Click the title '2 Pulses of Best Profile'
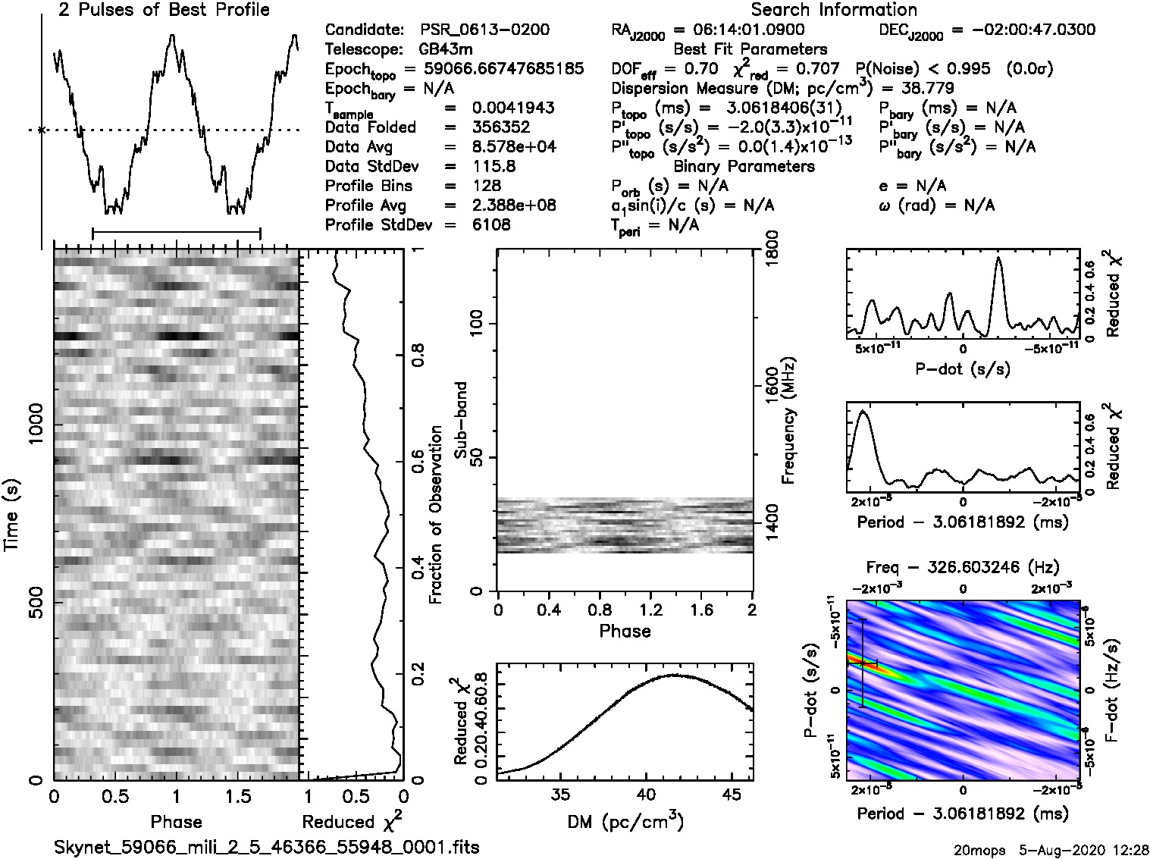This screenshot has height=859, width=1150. (164, 10)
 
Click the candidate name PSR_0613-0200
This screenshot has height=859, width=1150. (484, 30)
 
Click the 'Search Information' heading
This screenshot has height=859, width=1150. (833, 10)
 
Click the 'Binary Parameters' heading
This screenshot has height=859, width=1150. (744, 166)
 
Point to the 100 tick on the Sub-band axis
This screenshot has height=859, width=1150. (480, 324)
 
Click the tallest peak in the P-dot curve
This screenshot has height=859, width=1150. (998, 259)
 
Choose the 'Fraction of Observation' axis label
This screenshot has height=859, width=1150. (435, 515)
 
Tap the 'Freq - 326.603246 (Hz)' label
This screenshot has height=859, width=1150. (962, 567)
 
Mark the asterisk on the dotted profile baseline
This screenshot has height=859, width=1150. (42, 130)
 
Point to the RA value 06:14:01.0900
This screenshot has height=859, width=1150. (739, 30)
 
